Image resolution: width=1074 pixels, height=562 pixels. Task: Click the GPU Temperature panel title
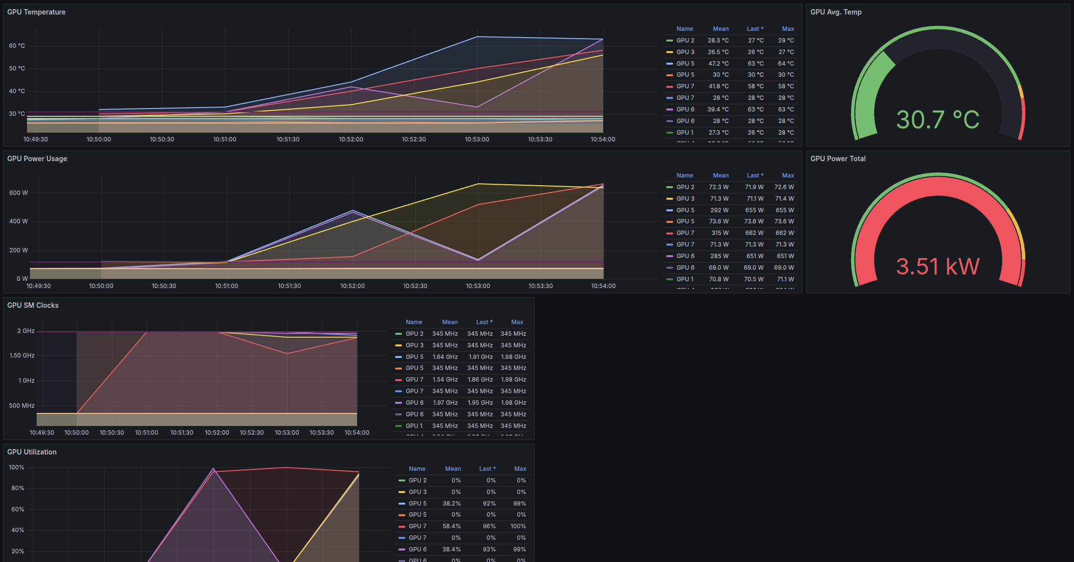click(36, 12)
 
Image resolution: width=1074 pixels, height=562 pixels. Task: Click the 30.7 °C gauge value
click(937, 120)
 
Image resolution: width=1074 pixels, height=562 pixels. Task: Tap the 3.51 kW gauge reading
click(937, 266)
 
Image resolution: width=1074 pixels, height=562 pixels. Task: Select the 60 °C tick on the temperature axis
click(17, 46)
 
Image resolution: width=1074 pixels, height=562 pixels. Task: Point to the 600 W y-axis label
click(18, 193)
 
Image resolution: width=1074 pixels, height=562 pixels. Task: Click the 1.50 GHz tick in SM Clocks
click(22, 356)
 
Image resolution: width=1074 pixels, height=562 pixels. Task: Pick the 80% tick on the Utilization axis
click(17, 488)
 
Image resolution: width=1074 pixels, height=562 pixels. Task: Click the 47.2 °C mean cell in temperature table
click(718, 64)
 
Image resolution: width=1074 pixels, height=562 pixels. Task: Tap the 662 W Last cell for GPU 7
click(754, 233)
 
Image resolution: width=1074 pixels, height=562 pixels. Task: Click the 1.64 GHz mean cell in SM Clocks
click(445, 357)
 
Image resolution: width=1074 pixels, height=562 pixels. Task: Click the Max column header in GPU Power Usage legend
click(787, 176)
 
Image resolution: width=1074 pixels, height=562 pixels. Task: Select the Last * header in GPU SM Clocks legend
click(484, 322)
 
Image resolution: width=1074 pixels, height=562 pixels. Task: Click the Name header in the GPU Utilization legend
click(417, 469)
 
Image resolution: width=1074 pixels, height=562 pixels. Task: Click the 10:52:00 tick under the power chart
click(352, 286)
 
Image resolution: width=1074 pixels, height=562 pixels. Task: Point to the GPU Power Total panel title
click(838, 159)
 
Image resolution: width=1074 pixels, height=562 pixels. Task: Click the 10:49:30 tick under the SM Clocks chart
click(42, 433)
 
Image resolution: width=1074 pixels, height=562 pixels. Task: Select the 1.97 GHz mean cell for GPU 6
click(445, 403)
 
